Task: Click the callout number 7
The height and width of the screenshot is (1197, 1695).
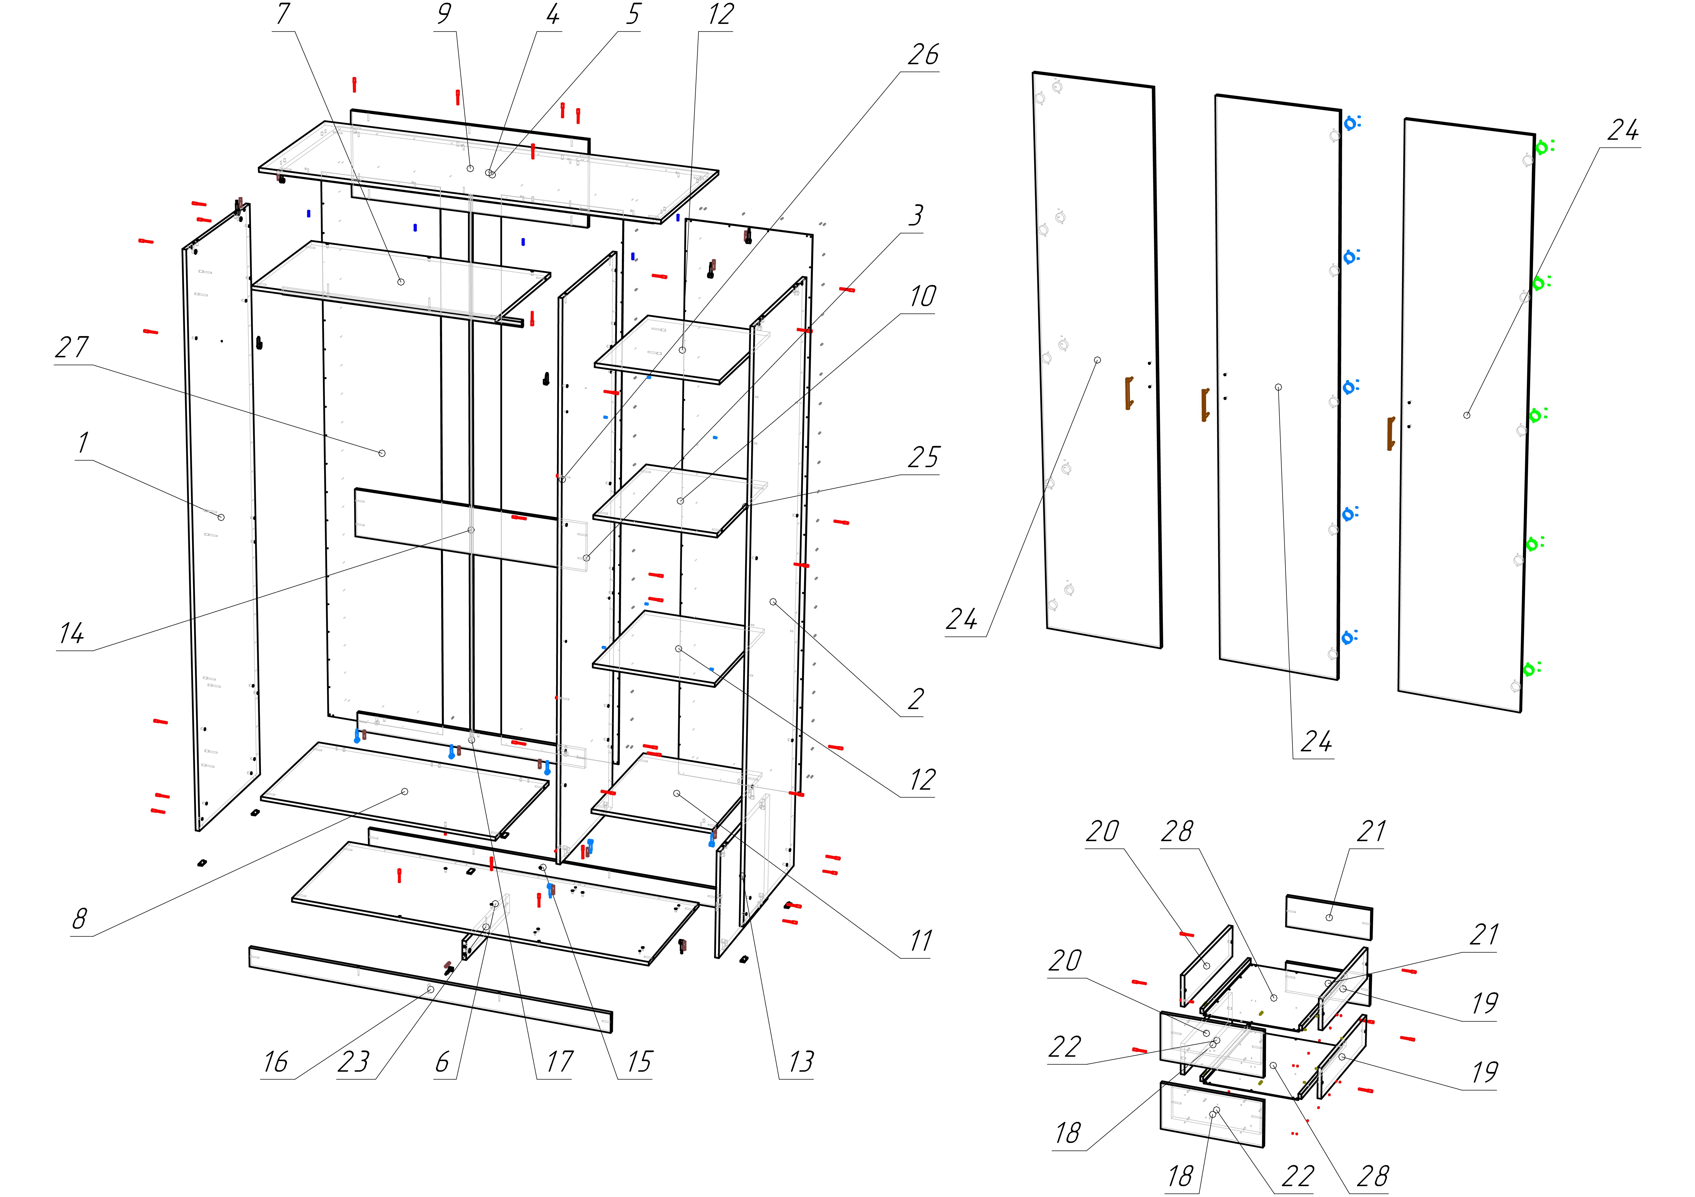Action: [x=283, y=15]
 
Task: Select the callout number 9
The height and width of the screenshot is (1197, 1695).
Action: [x=444, y=15]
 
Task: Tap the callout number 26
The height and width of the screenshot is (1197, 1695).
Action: [x=923, y=55]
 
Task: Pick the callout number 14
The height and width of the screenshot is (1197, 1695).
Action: [x=72, y=633]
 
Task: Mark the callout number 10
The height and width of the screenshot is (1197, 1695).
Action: [x=923, y=297]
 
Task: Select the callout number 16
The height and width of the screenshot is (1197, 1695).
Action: [x=275, y=1063]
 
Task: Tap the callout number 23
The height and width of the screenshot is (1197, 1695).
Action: [x=353, y=1063]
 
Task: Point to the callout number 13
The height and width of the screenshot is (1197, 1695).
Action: [x=801, y=1063]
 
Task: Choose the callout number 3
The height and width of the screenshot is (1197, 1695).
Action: [x=915, y=216]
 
